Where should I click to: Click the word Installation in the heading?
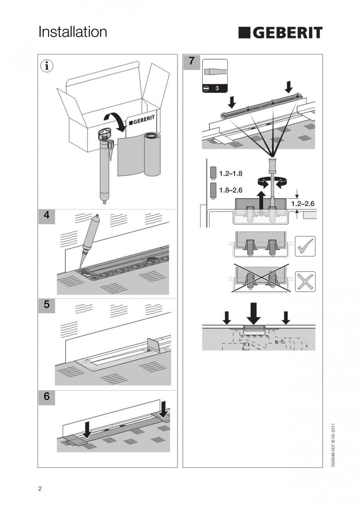pos(73,32)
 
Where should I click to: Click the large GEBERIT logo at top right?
pos(280,33)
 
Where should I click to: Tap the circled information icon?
pos(47,66)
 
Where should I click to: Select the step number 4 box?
pos(47,216)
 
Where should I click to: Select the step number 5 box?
pos(47,305)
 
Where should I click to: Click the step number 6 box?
pos(47,397)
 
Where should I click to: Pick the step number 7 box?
pos(191,61)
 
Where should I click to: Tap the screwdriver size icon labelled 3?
pos(215,76)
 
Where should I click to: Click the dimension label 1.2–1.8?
pos(230,173)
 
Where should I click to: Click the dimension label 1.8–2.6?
pos(230,190)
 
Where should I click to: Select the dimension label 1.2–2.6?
pos(302,204)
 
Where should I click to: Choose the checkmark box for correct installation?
pos(305,246)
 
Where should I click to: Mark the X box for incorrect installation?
pos(305,281)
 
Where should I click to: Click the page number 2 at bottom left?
pos(40,489)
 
